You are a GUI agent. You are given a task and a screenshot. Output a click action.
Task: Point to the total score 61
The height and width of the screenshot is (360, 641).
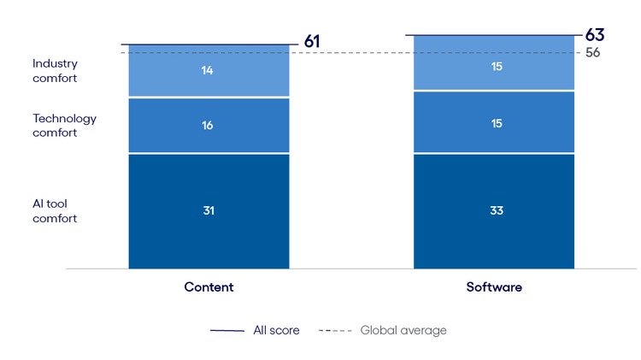pyautogui.click(x=312, y=42)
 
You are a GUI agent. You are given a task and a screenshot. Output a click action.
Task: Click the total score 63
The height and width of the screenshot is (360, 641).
pyautogui.click(x=595, y=35)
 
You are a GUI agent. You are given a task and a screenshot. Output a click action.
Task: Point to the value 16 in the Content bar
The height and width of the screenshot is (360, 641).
pyautogui.click(x=209, y=126)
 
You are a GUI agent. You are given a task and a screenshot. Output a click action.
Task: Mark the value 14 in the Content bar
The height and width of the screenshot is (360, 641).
pyautogui.click(x=209, y=70)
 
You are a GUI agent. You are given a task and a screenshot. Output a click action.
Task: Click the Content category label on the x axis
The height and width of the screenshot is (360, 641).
pyautogui.click(x=209, y=287)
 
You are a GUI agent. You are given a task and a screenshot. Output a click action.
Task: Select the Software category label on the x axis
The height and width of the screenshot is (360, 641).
pyautogui.click(x=494, y=287)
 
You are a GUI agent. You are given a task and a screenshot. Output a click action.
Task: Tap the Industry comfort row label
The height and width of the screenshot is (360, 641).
pyautogui.click(x=55, y=71)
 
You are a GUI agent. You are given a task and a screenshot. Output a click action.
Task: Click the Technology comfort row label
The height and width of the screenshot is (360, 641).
pyautogui.click(x=64, y=126)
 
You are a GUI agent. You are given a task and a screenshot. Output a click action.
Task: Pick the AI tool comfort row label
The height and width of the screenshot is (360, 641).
pyautogui.click(x=55, y=211)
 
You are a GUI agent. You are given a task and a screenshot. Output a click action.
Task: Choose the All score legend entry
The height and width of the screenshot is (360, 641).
pyautogui.click(x=256, y=330)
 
